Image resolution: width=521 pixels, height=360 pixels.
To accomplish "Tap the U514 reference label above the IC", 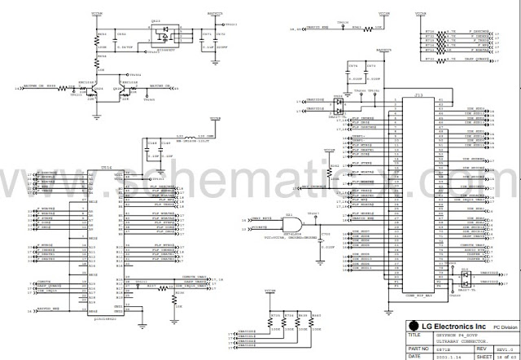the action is pyautogui.click(x=106, y=167).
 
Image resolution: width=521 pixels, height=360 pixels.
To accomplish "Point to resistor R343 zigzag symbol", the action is pyautogui.click(x=356, y=28).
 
